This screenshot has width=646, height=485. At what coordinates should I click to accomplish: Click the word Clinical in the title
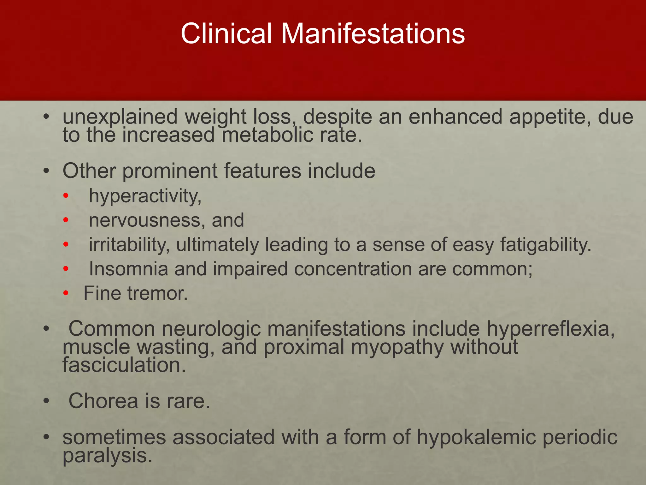coord(226,33)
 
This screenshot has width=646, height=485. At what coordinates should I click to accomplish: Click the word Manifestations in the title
coord(373,33)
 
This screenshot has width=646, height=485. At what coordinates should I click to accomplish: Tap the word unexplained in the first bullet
coord(120,117)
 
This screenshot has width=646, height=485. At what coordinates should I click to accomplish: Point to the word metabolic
coord(267,135)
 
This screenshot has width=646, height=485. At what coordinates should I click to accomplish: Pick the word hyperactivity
coord(145,196)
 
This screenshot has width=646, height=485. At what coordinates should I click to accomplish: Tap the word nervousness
coord(144,220)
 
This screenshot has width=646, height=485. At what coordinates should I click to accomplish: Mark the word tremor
coord(157,293)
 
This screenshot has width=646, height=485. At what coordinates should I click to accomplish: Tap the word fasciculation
coord(124,365)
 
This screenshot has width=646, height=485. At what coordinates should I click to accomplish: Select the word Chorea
coord(103,401)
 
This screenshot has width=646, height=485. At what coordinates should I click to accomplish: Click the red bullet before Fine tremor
coord(66,293)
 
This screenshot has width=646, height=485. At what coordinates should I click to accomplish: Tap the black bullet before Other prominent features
coord(47,171)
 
